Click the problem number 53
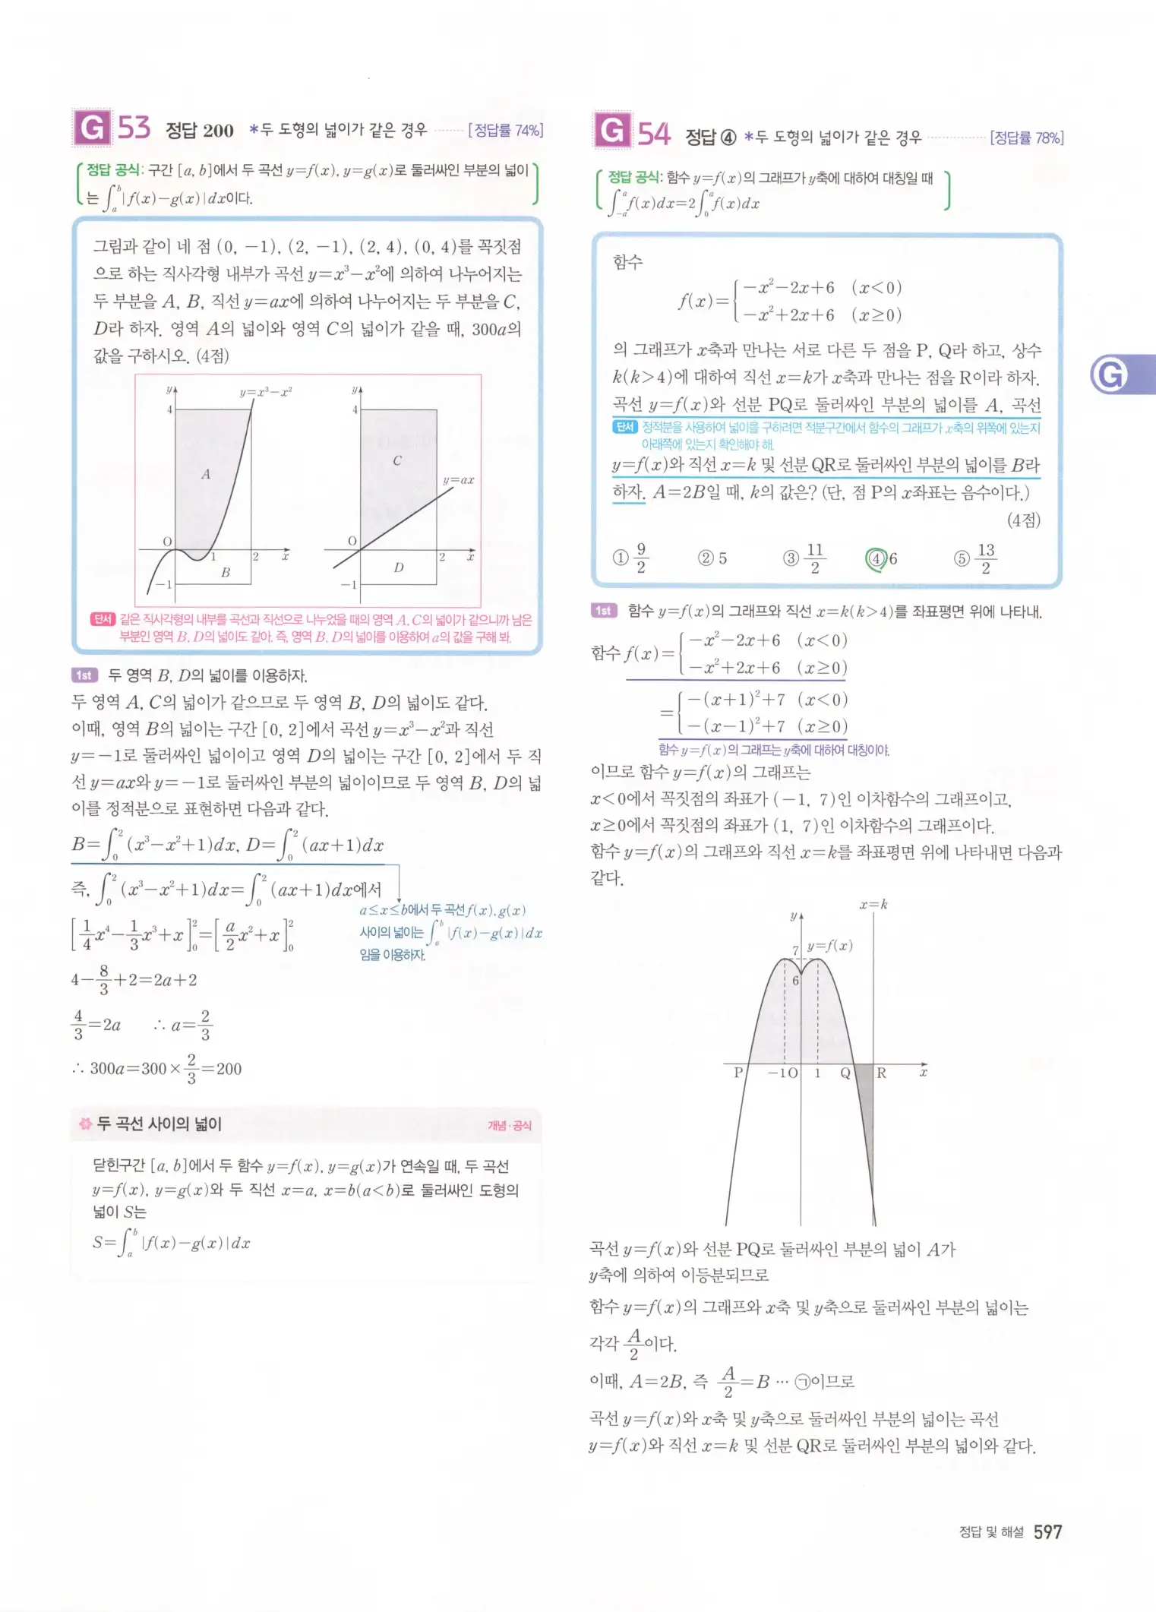[134, 128]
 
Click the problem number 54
[653, 134]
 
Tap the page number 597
[1047, 1531]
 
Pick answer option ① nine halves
[630, 558]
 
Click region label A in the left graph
[205, 474]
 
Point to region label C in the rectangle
[396, 460]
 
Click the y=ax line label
[458, 480]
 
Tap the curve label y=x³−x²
[266, 392]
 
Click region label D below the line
[399, 567]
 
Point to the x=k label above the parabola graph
[873, 905]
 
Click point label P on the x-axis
[738, 1073]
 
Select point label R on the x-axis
[882, 1073]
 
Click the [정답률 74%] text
[505, 130]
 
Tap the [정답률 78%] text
[1026, 137]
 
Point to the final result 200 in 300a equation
[229, 1069]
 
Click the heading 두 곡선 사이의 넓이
[160, 1124]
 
